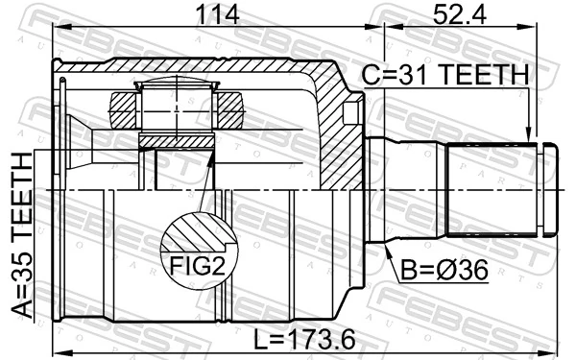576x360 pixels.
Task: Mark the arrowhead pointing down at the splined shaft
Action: pos(528,134)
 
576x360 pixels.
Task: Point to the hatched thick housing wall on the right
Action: pos(338,134)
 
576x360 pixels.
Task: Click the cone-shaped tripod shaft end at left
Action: pos(86,144)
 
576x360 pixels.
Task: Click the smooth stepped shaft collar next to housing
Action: pos(408,190)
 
